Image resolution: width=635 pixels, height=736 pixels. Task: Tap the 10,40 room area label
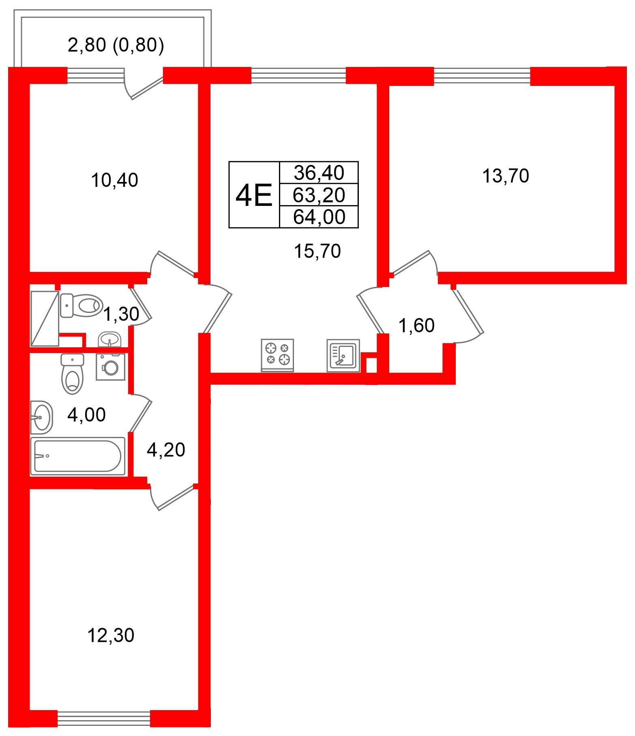click(114, 180)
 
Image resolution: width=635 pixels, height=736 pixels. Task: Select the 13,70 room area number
click(505, 176)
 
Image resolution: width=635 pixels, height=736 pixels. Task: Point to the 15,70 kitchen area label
click(317, 251)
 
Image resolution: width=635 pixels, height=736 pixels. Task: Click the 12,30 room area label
click(111, 635)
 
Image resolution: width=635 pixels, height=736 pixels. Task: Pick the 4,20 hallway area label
click(166, 450)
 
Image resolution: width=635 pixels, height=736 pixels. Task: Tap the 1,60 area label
click(416, 325)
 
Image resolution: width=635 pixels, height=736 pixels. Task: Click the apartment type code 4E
click(254, 195)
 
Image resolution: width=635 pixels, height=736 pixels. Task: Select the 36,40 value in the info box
click(319, 173)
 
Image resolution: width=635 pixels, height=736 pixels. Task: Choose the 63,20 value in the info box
click(319, 195)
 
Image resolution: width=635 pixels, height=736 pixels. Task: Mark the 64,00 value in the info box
click(319, 217)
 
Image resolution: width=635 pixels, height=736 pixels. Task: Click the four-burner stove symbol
click(277, 355)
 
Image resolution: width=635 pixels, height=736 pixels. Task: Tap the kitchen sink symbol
click(343, 355)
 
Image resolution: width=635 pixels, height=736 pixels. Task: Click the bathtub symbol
click(78, 456)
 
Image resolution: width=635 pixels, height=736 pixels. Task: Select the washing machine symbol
click(110, 367)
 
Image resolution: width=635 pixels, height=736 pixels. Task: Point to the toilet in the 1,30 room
click(82, 306)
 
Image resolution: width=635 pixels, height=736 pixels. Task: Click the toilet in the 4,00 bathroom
click(72, 374)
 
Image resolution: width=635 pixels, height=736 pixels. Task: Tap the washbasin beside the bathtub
click(42, 417)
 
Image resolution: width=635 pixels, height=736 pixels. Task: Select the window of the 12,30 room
click(104, 719)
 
